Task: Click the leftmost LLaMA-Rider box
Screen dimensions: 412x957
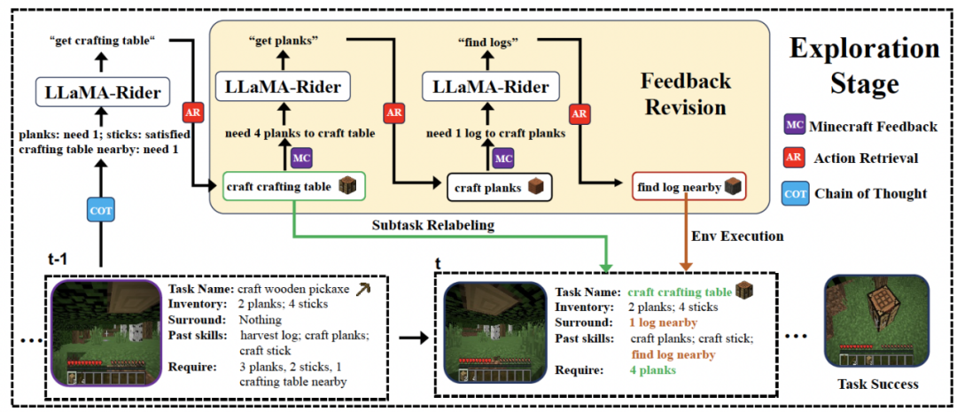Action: [x=103, y=91]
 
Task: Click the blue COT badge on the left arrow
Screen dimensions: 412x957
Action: [x=100, y=210]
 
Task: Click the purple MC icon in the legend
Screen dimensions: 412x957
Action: [x=795, y=126]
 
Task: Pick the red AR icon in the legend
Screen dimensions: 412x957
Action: [x=795, y=159]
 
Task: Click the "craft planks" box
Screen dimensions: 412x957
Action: [x=500, y=188]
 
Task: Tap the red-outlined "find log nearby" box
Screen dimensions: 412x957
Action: [x=688, y=187]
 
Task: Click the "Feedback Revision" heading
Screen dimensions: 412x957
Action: [x=687, y=94]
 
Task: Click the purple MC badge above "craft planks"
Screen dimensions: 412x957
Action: [x=503, y=158]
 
